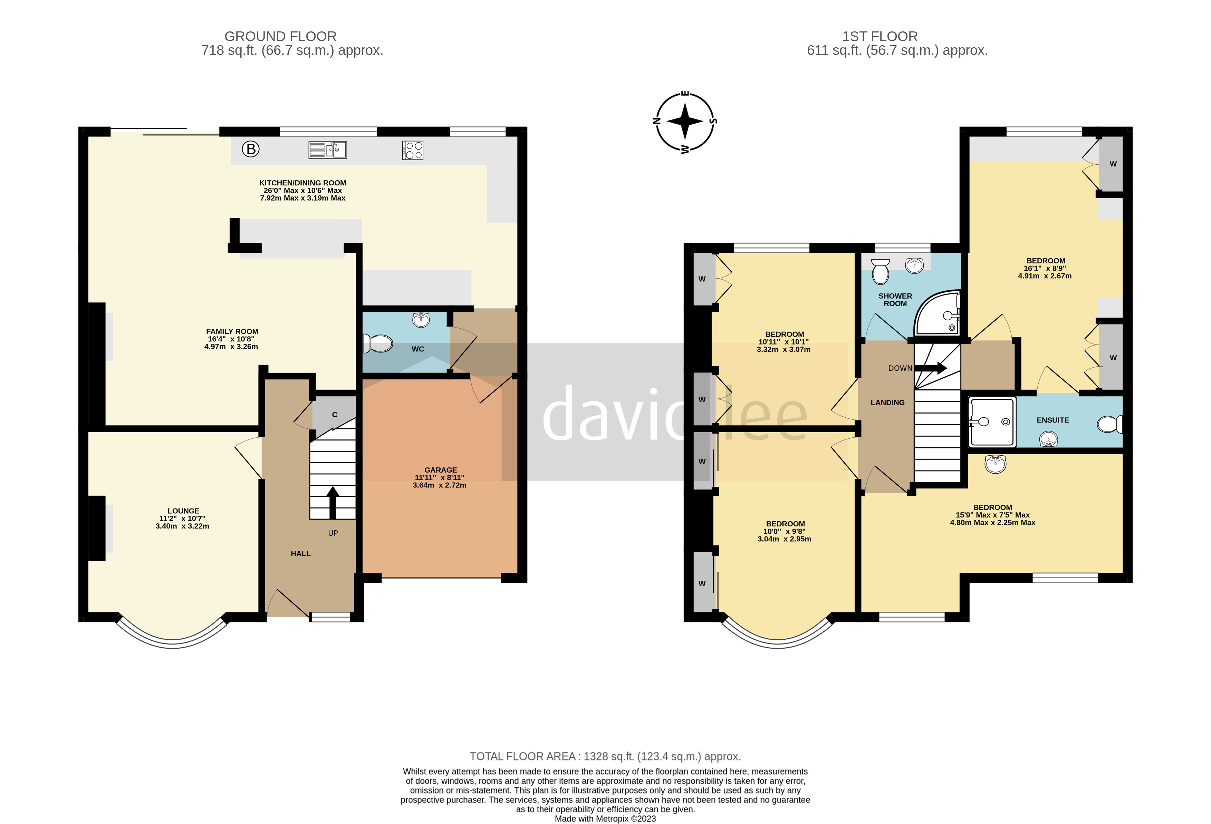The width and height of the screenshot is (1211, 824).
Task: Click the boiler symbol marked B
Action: [251, 149]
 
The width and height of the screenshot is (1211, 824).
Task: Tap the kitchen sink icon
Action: [328, 150]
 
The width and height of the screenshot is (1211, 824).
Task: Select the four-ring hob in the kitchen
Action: [413, 151]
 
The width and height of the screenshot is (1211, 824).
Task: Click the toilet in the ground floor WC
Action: [378, 343]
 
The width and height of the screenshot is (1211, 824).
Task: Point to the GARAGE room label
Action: [440, 470]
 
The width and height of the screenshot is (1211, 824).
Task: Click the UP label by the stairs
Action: [333, 533]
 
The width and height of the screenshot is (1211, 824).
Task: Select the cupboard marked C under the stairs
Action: [335, 415]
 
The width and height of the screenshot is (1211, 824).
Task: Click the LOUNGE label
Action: [183, 511]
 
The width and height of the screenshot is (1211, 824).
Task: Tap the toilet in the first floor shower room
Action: [880, 271]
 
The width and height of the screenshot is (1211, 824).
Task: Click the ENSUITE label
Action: [1053, 420]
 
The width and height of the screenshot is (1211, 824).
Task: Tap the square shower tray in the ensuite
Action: [992, 422]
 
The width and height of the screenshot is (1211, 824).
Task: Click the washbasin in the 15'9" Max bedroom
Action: [995, 463]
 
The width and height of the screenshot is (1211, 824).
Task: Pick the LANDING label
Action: [887, 403]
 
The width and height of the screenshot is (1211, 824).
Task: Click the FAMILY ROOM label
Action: [232, 331]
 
